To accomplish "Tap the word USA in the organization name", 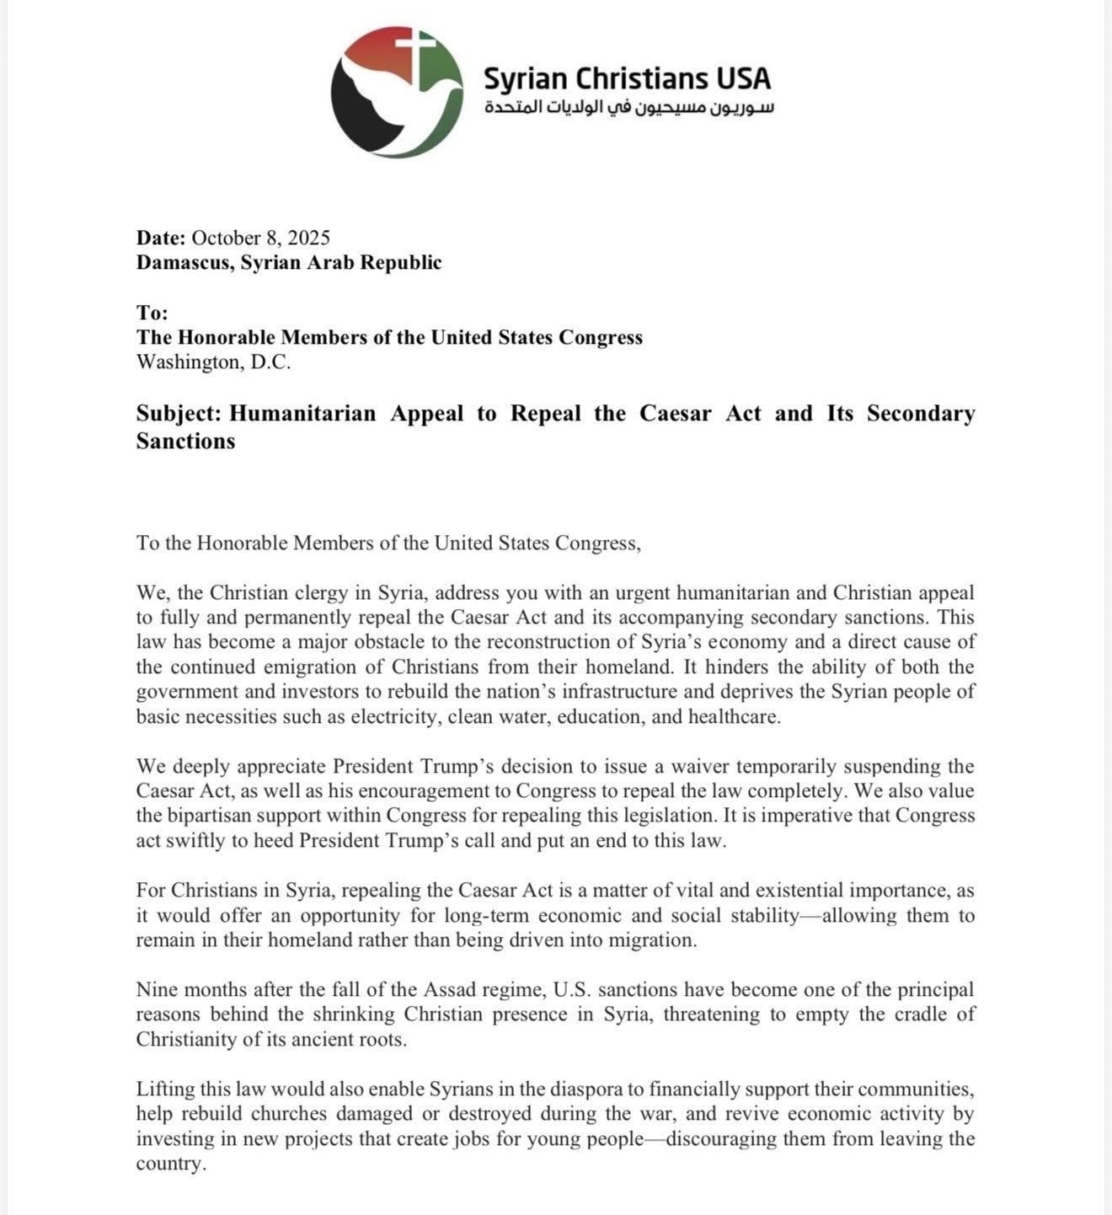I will tap(743, 78).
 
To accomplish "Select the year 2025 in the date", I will tap(308, 238).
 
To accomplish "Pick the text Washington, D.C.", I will tap(213, 361).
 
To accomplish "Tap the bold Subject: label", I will tap(179, 414).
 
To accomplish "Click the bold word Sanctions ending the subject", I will tap(185, 442).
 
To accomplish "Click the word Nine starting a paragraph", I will tap(157, 989).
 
